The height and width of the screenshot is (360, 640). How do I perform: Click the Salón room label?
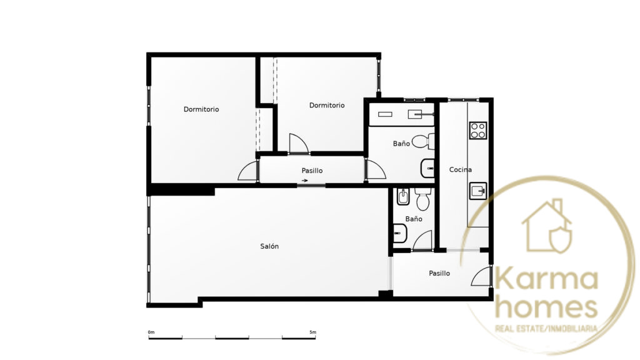click(x=269, y=246)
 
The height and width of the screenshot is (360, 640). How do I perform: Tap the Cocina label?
click(x=461, y=169)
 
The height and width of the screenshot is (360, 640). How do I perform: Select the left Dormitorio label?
click(x=201, y=109)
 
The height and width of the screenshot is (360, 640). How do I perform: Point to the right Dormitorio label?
click(x=327, y=105)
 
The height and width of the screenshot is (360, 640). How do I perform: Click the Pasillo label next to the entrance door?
click(x=439, y=273)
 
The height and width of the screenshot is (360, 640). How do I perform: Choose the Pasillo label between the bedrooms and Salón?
click(x=312, y=171)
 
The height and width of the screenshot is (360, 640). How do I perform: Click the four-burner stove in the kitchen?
click(x=478, y=130)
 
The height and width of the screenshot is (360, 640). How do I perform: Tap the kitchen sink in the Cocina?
click(x=478, y=191)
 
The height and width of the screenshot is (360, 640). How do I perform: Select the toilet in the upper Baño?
click(x=423, y=142)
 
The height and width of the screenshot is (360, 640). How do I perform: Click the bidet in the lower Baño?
click(x=403, y=197)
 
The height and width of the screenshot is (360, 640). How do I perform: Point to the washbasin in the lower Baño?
click(x=401, y=234)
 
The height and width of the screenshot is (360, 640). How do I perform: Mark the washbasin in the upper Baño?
click(x=427, y=167)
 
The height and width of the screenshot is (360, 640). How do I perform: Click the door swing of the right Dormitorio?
click(x=298, y=144)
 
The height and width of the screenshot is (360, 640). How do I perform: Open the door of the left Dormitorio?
click(x=247, y=171)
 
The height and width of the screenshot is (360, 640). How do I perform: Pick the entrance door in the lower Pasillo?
click(x=481, y=276)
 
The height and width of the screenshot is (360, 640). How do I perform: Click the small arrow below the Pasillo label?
click(x=304, y=181)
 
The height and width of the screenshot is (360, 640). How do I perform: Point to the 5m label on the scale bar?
click(x=312, y=332)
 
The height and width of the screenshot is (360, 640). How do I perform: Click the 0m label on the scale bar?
click(x=151, y=332)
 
